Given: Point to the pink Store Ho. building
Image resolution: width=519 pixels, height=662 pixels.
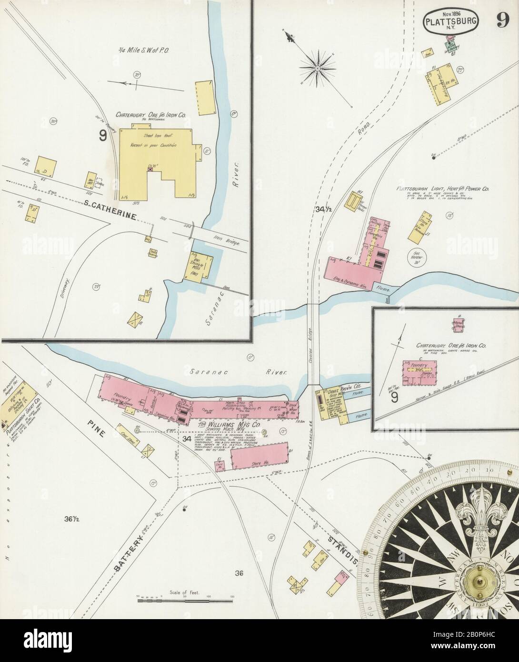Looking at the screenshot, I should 259,456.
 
